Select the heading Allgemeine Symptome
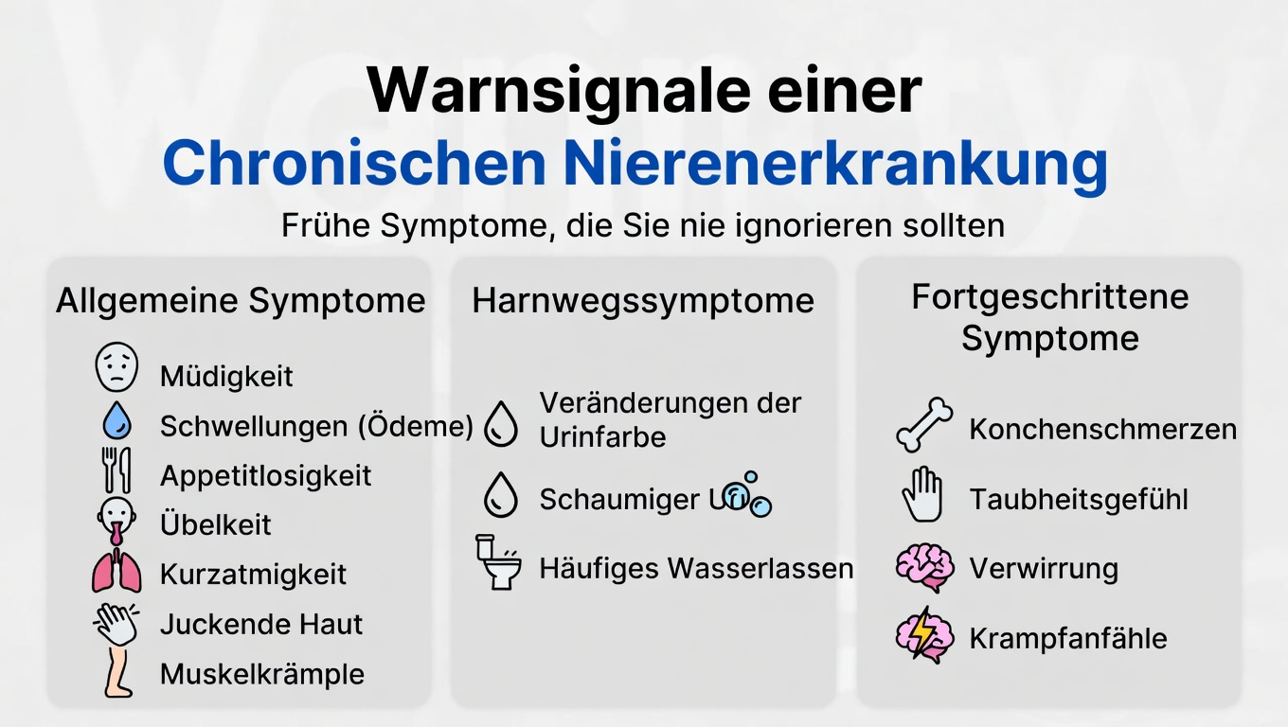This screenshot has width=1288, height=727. pyautogui.click(x=241, y=301)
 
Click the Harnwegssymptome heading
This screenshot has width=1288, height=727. pyautogui.click(x=643, y=301)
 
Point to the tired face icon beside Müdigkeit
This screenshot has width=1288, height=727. pyautogui.click(x=116, y=368)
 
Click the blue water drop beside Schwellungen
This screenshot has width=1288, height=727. pyautogui.click(x=116, y=420)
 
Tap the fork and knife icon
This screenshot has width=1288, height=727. pyautogui.click(x=116, y=470)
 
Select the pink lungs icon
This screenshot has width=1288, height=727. pyautogui.click(x=116, y=573)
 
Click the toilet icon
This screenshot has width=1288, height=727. pyautogui.click(x=498, y=561)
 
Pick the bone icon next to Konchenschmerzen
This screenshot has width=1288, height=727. pyautogui.click(x=924, y=425)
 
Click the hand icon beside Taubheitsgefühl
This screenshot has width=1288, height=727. pyautogui.click(x=922, y=496)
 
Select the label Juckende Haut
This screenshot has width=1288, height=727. pyautogui.click(x=261, y=625)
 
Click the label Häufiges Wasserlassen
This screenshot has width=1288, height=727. pyautogui.click(x=696, y=569)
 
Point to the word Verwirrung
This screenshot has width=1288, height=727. pyautogui.click(x=1044, y=570)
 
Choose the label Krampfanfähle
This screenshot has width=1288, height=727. pyautogui.click(x=1068, y=639)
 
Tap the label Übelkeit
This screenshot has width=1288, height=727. pyautogui.click(x=216, y=525)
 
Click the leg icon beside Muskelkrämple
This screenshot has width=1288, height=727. pyautogui.click(x=116, y=673)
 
